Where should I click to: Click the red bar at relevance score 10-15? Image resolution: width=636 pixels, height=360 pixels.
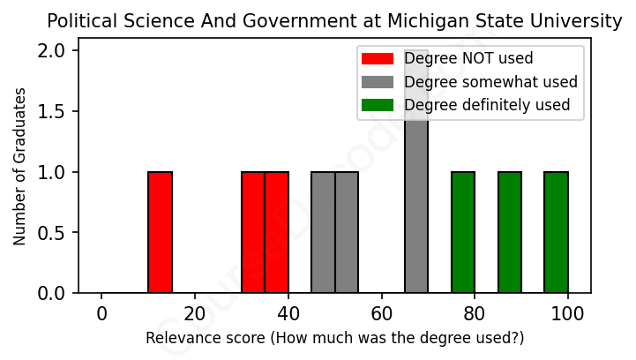coord(160,232)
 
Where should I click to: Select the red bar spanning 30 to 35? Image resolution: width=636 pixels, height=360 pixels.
coord(253,232)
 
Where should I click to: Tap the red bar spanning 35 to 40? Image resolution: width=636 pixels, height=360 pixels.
coord(277,232)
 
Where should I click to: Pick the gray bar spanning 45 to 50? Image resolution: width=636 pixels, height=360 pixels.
coord(323,232)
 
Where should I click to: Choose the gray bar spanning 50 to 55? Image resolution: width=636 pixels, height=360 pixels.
coord(347,232)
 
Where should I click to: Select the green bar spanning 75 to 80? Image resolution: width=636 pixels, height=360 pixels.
coord(463,232)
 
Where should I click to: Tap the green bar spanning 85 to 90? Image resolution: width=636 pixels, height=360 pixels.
coord(510,232)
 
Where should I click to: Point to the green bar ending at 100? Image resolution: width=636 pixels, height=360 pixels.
coord(556,232)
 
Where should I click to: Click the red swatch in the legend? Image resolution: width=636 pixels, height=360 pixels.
coord(377,59)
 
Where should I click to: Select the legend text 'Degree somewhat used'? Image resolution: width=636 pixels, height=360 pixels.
coord(490,82)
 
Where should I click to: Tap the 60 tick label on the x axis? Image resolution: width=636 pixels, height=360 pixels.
coord(381,313)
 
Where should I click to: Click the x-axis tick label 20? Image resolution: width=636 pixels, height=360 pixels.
coord(195,313)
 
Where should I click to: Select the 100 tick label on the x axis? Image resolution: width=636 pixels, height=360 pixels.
coord(568,313)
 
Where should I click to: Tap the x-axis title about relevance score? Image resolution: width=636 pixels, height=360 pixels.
coord(334,338)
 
